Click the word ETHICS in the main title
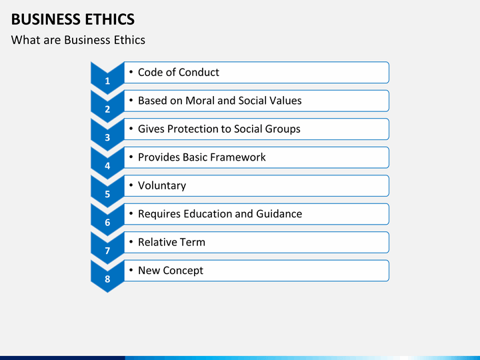point(109,19)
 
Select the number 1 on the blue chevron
point(107,81)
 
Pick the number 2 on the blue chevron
point(107,109)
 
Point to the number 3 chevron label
point(107,137)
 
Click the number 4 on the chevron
point(107,166)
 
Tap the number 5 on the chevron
point(107,194)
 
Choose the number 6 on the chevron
point(107,223)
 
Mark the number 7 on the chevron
point(107,251)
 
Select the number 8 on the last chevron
point(107,279)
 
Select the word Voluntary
point(162,186)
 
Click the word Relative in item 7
point(157,242)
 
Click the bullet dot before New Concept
point(131,270)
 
